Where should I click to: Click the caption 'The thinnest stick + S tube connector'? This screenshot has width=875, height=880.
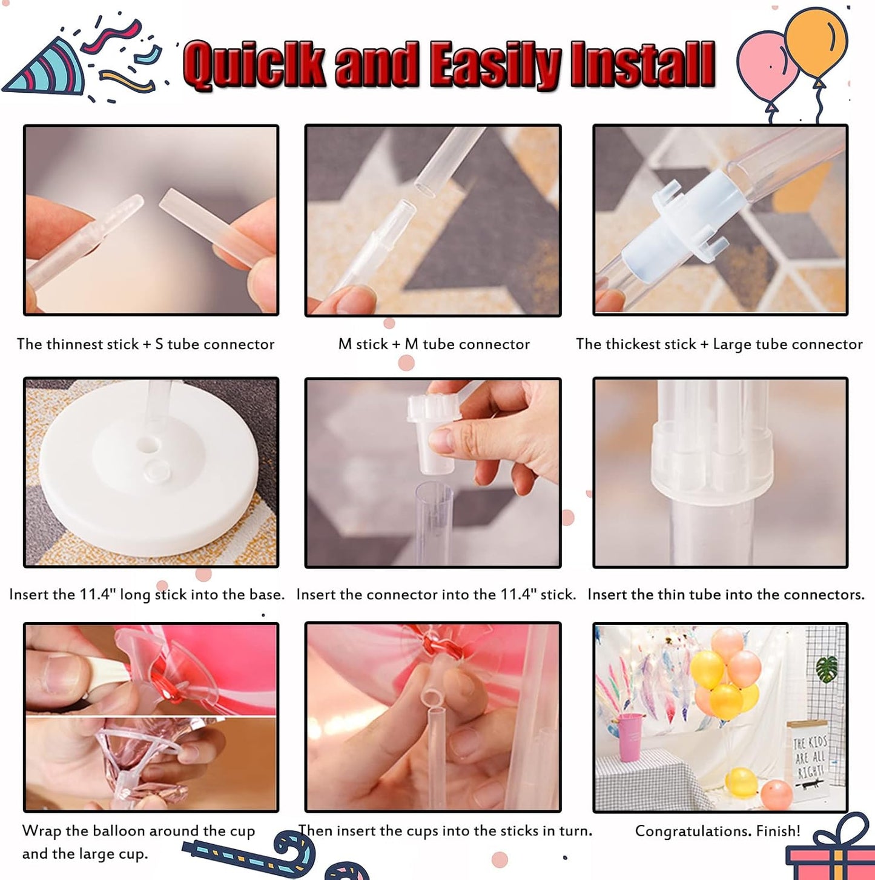pos(145,344)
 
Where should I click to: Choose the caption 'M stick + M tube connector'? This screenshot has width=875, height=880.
pos(434,344)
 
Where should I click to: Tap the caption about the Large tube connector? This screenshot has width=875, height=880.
pos(719,344)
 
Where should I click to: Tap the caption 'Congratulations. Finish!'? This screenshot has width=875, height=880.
pos(718,831)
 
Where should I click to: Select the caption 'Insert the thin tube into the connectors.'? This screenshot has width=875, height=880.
pos(725,595)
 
